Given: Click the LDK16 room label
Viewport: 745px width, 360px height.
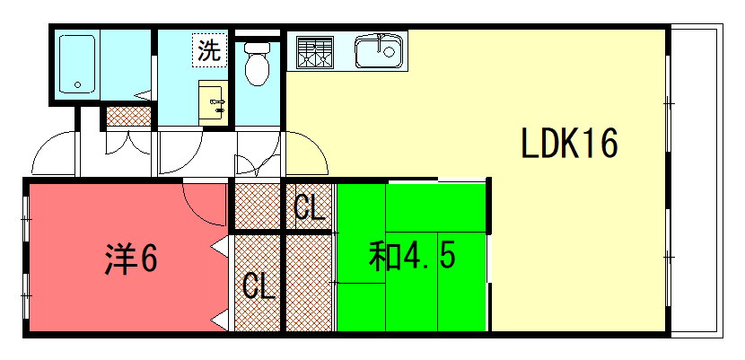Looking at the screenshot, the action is [569, 143].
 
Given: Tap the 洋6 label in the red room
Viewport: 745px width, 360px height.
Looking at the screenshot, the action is [131, 259].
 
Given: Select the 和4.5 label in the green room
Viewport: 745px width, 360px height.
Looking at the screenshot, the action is [412, 257].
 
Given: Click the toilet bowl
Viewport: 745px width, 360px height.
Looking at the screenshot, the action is [257, 64].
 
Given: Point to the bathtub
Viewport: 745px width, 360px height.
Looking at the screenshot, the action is [77, 64].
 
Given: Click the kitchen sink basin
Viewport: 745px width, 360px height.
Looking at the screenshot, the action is [378, 51].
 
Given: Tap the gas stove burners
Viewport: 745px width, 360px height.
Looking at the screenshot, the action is [313, 51].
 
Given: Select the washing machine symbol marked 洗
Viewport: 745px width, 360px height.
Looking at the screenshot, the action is [209, 50].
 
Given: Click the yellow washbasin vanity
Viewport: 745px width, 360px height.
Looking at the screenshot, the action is [214, 103].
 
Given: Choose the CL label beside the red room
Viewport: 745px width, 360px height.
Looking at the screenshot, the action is [259, 285].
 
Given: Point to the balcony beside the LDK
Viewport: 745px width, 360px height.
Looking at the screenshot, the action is [696, 180].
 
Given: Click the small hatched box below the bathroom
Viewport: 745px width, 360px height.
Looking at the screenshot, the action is [128, 117].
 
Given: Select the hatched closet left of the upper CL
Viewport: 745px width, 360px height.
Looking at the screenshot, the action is [257, 206].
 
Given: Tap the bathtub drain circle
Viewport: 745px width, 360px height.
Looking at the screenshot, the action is [77, 85].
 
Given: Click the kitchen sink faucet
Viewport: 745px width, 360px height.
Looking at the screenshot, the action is [379, 42].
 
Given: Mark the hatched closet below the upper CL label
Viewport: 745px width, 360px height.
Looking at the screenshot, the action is [310, 284].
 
